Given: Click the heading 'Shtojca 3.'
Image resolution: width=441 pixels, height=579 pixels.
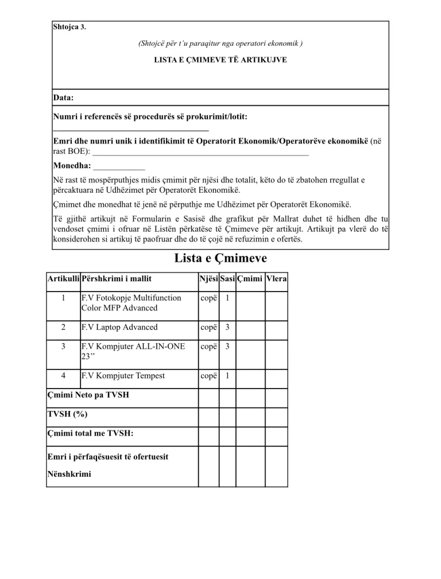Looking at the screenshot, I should [x=69, y=27].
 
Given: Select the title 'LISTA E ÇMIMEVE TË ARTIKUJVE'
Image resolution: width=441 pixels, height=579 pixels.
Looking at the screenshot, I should [x=220, y=60].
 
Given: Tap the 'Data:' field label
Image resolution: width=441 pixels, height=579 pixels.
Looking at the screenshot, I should [x=63, y=98].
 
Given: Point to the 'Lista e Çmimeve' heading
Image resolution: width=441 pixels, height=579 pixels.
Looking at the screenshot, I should [x=220, y=259].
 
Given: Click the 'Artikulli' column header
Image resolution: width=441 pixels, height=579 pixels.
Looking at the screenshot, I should [x=63, y=279].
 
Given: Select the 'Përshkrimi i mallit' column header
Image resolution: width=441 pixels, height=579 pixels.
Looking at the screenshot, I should [x=117, y=279].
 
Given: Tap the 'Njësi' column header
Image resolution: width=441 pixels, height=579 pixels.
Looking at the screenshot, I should [x=208, y=279].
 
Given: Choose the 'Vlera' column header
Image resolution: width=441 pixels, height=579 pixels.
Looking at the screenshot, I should [x=276, y=279].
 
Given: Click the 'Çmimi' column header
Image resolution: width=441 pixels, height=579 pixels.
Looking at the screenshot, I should [x=250, y=279].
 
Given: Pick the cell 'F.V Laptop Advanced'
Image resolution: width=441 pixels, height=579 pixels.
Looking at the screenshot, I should [x=119, y=327].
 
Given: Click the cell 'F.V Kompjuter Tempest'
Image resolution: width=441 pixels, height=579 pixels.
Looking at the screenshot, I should [x=123, y=375].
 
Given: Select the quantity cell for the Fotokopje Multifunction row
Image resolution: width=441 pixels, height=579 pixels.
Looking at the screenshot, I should [x=227, y=298].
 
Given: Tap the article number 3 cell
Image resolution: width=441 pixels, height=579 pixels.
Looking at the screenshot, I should [x=63, y=347].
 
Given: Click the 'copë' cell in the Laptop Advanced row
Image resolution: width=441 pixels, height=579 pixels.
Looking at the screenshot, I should [x=208, y=327].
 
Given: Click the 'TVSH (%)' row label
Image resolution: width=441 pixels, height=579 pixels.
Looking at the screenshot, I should [x=67, y=414].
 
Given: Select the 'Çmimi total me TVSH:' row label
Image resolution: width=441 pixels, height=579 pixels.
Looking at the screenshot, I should [x=90, y=433].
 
